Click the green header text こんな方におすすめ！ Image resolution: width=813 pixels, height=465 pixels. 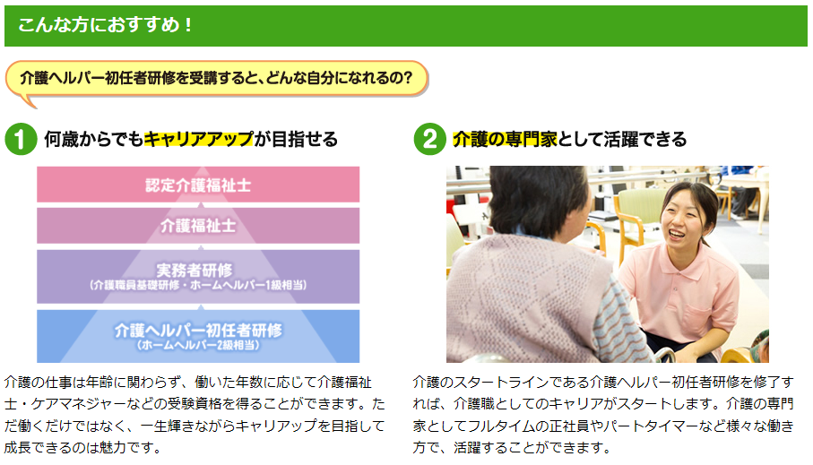(105, 25)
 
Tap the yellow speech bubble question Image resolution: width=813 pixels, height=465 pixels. (216, 78)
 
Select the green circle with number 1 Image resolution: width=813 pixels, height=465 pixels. (21, 139)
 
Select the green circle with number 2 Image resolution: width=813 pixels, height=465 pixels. (430, 139)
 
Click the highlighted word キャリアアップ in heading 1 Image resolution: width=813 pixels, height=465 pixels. (199, 139)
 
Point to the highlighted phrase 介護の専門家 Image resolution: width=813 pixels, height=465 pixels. (505, 139)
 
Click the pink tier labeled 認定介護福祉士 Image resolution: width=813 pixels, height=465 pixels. (198, 185)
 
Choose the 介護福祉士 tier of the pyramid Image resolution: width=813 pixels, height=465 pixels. (198, 226)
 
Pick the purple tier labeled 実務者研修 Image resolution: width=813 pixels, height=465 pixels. (198, 276)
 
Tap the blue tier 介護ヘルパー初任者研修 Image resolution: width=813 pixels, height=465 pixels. (198, 336)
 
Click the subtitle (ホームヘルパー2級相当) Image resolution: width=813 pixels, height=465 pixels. (198, 345)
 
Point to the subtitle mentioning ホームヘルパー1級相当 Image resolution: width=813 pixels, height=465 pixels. (198, 285)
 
